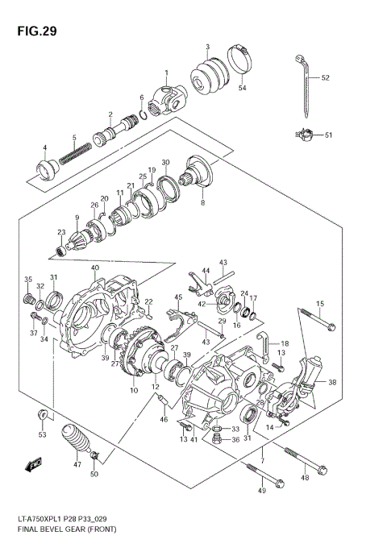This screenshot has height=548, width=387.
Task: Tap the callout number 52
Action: [x=326, y=78]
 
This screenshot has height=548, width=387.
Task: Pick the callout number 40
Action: [x=94, y=268]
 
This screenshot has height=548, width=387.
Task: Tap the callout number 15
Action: [x=319, y=303]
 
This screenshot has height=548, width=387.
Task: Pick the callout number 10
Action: [x=133, y=391]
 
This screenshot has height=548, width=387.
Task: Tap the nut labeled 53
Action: [x=40, y=416]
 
